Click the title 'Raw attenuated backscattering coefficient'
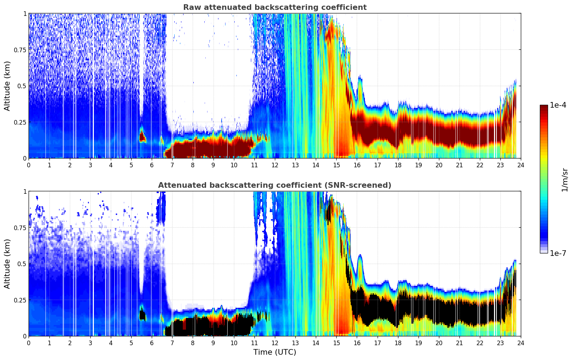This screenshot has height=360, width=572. pyautogui.click(x=275, y=7)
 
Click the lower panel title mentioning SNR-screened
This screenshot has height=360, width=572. pyautogui.click(x=275, y=185)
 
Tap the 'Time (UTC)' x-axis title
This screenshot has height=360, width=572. pyautogui.click(x=275, y=352)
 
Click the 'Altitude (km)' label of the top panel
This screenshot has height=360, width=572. pyautogui.click(x=7, y=86)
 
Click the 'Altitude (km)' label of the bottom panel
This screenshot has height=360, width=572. pyautogui.click(x=7, y=264)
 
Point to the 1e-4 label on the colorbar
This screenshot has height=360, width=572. pyautogui.click(x=558, y=105)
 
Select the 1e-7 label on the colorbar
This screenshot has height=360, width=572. pyautogui.click(x=558, y=253)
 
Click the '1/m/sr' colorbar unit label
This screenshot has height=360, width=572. pyautogui.click(x=565, y=179)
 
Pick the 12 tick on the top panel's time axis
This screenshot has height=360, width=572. pyautogui.click(x=275, y=165)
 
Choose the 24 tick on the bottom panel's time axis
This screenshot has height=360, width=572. pyautogui.click(x=521, y=343)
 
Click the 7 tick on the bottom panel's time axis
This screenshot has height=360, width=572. pyautogui.click(x=172, y=343)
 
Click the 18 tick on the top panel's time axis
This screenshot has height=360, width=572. pyautogui.click(x=398, y=165)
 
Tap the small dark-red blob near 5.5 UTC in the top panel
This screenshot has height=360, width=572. pyautogui.click(x=142, y=136)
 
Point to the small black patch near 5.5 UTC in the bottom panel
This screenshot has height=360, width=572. pyautogui.click(x=143, y=314)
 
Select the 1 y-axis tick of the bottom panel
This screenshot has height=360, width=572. pyautogui.click(x=25, y=191)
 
